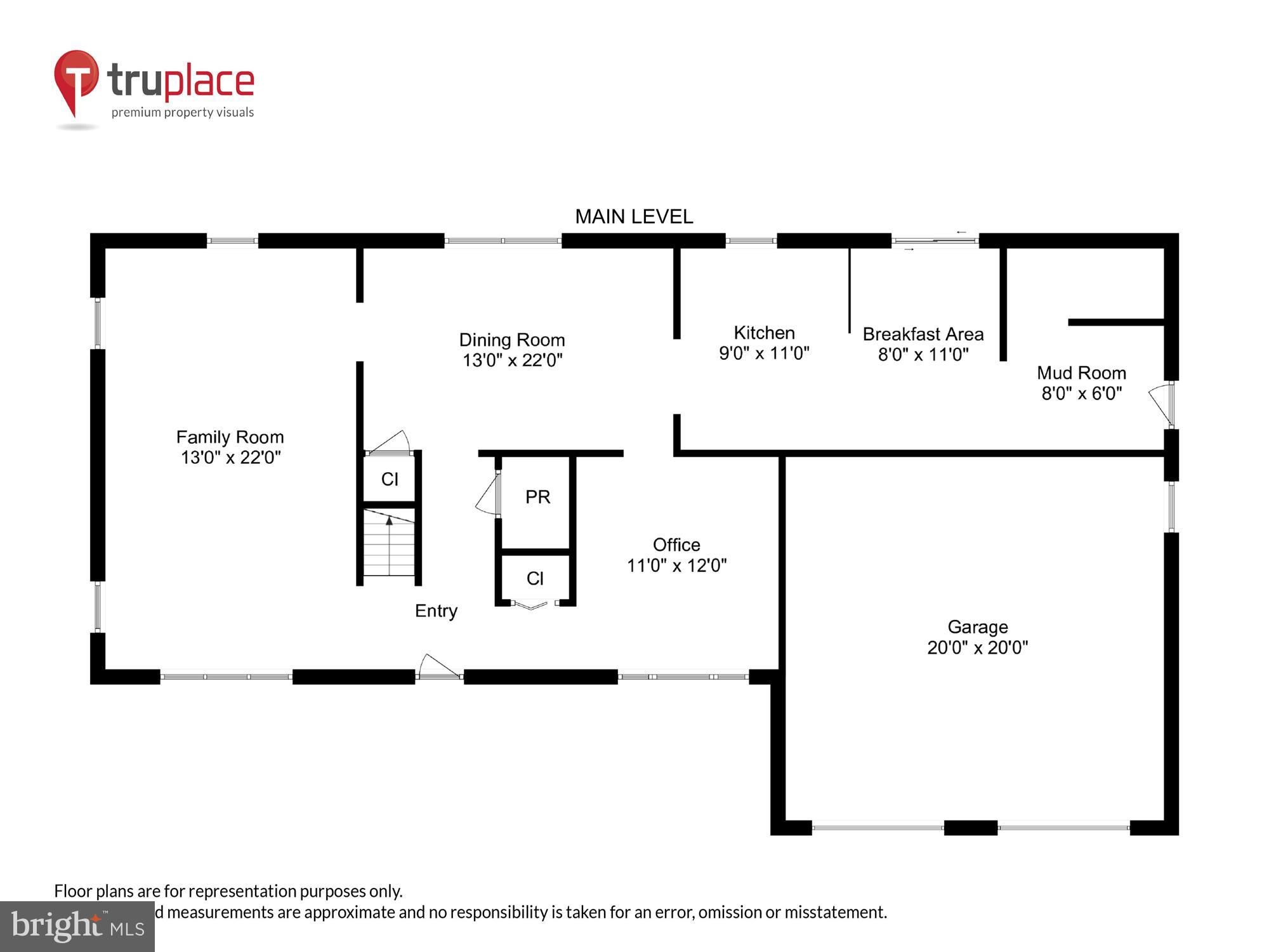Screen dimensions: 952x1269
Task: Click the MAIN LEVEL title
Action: click(633, 217)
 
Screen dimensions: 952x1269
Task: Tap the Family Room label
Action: click(230, 437)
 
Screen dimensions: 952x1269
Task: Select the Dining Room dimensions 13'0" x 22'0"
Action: click(512, 360)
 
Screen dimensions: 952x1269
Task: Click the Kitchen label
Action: click(764, 333)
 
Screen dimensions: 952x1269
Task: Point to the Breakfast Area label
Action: click(923, 334)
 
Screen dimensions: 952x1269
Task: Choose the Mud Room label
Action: click(1081, 373)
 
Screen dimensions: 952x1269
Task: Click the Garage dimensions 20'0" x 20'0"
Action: click(977, 648)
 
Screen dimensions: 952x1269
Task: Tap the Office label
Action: click(676, 545)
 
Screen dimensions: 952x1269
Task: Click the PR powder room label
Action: click(537, 497)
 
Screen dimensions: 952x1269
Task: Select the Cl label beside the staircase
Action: click(390, 479)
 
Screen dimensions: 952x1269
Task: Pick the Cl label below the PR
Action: click(535, 578)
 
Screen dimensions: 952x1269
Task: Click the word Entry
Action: click(436, 611)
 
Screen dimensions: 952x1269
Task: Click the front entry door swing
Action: click(437, 666)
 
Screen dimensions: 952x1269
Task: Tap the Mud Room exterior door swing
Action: click(1161, 404)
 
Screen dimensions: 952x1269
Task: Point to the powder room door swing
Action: click(487, 496)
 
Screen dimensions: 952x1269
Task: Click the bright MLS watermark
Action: click(77, 927)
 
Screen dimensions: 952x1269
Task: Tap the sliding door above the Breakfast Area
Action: click(935, 241)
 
